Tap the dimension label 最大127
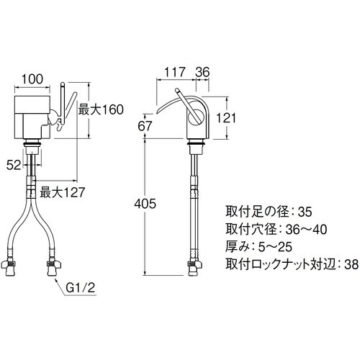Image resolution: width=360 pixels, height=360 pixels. (62, 192)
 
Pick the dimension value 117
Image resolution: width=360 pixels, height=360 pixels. (174, 71)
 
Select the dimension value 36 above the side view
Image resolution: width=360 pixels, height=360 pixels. (202, 71)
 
